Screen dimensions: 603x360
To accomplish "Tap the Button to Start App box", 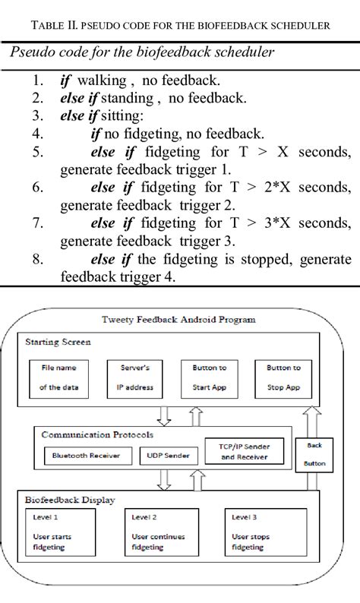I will click(210, 377).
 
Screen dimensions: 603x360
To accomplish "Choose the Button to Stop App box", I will click(283, 377).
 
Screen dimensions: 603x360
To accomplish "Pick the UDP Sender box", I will click(168, 456).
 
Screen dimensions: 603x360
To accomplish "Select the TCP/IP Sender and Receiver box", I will click(239, 453).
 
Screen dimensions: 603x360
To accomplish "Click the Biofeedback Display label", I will click(71, 500).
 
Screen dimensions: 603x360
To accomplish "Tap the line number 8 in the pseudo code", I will click(37, 259).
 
